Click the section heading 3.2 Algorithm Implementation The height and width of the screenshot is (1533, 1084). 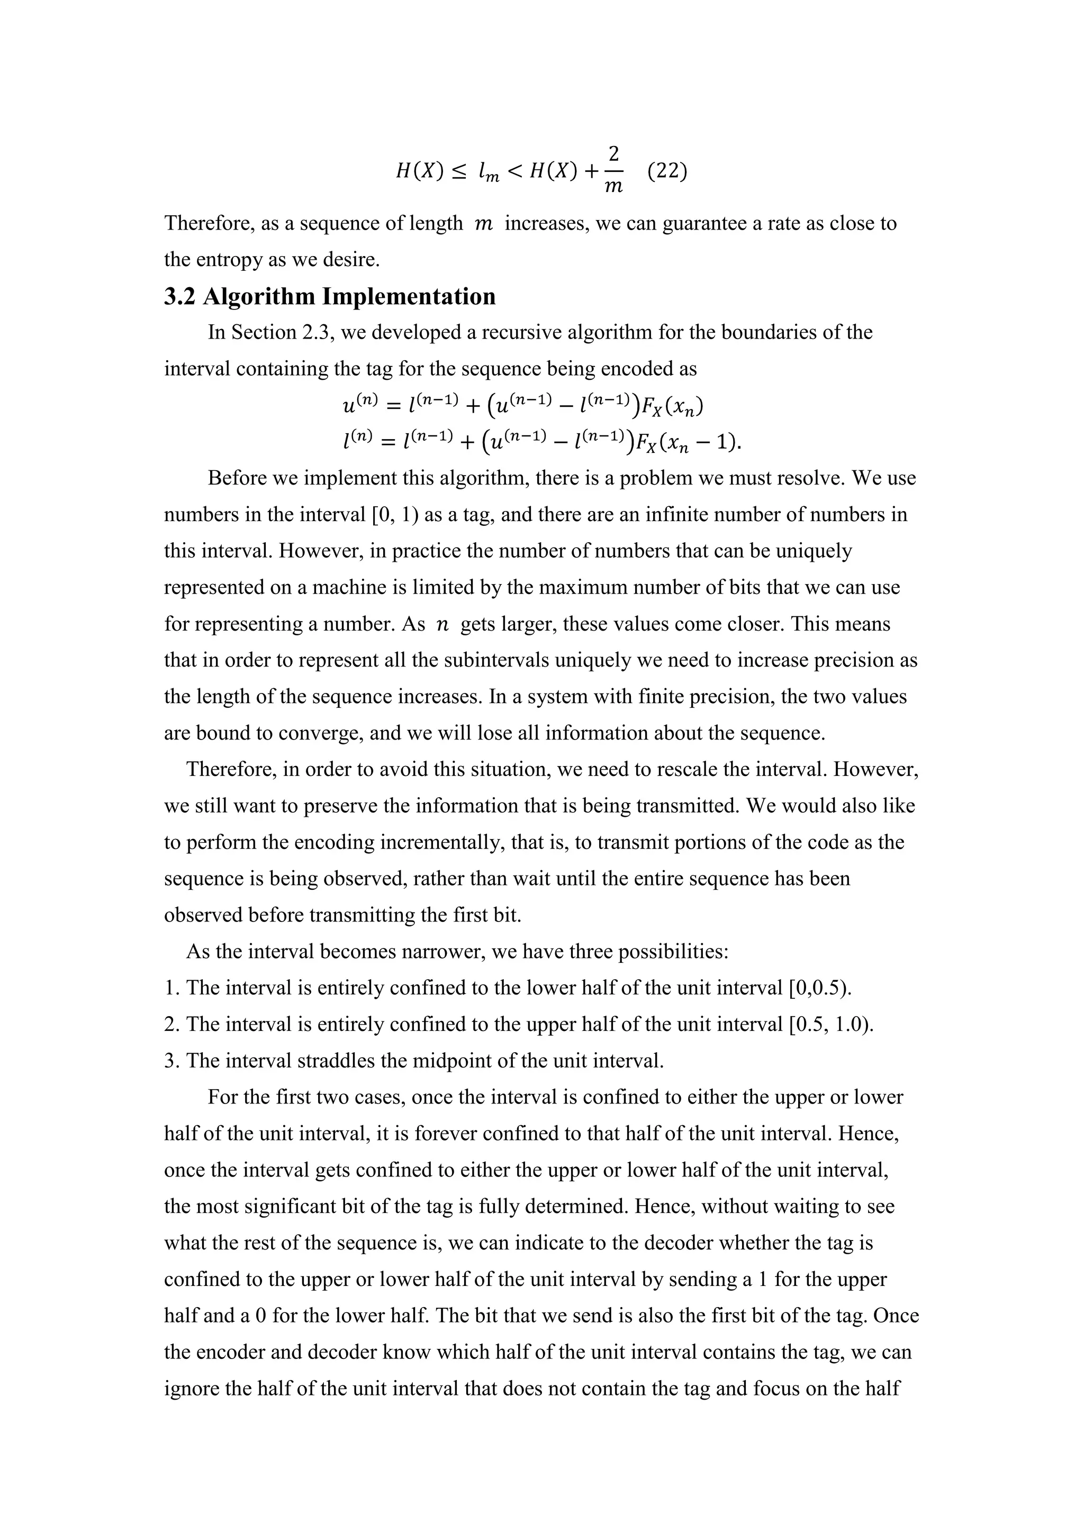click(330, 296)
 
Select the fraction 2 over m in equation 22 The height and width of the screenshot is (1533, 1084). click(613, 171)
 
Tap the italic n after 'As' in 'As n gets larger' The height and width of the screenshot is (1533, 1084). click(442, 624)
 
